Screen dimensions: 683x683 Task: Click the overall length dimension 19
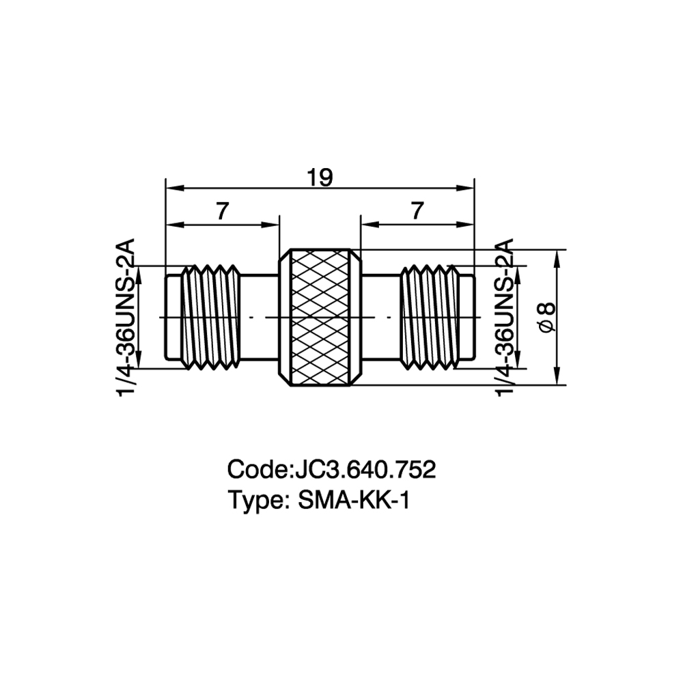(x=320, y=178)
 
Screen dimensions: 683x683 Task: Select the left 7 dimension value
(x=222, y=212)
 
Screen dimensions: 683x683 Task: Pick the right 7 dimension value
(x=417, y=212)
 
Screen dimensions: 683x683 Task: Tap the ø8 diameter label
(x=548, y=318)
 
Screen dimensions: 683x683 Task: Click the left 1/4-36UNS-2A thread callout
(x=126, y=317)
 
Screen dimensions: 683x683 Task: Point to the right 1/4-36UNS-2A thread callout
(x=505, y=317)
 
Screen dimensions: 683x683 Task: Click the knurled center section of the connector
(x=320, y=317)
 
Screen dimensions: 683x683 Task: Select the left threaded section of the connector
(x=211, y=318)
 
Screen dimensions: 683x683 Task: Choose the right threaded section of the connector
(x=430, y=318)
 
